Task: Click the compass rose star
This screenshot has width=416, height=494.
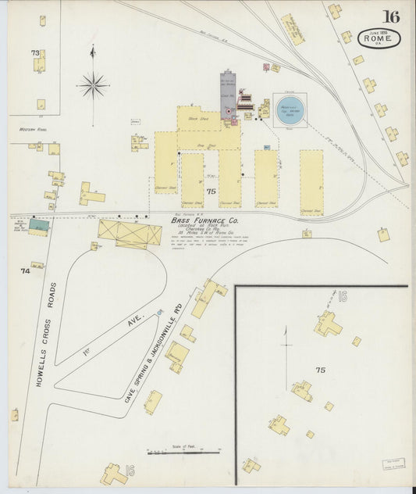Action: coord(93,84)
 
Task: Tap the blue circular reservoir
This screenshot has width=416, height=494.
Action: coord(290,116)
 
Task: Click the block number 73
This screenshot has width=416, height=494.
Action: coord(34,53)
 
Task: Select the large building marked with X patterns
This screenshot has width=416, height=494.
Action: coord(130,232)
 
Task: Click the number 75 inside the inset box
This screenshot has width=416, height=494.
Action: coord(320,369)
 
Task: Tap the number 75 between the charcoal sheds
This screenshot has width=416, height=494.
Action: coord(211,192)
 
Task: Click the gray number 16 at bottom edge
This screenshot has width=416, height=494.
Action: coord(130,469)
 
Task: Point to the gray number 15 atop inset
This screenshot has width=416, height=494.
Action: coord(342,296)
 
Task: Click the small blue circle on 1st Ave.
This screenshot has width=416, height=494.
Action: coord(160,313)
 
